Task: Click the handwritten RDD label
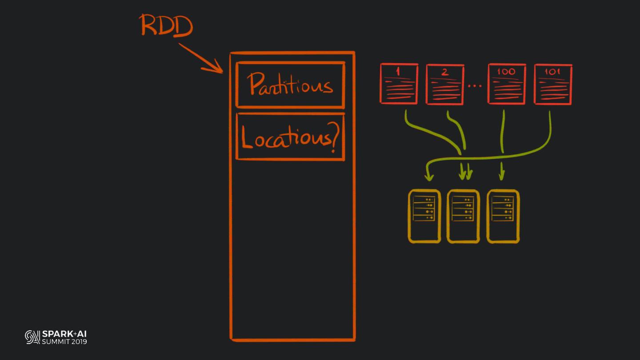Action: [167, 26]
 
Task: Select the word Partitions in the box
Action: [291, 84]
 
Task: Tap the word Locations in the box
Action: [284, 138]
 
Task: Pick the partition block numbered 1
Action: [399, 84]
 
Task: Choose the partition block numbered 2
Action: [445, 84]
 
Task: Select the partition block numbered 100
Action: [507, 84]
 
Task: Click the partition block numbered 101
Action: [553, 84]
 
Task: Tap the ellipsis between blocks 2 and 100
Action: [475, 85]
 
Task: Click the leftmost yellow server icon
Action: [424, 216]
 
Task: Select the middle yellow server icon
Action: [463, 216]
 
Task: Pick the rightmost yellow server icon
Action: [503, 216]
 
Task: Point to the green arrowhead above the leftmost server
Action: [429, 177]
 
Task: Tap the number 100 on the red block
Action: [507, 72]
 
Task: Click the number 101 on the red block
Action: [553, 72]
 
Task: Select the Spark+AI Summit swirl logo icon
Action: [32, 337]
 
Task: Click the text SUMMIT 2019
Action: [64, 341]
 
